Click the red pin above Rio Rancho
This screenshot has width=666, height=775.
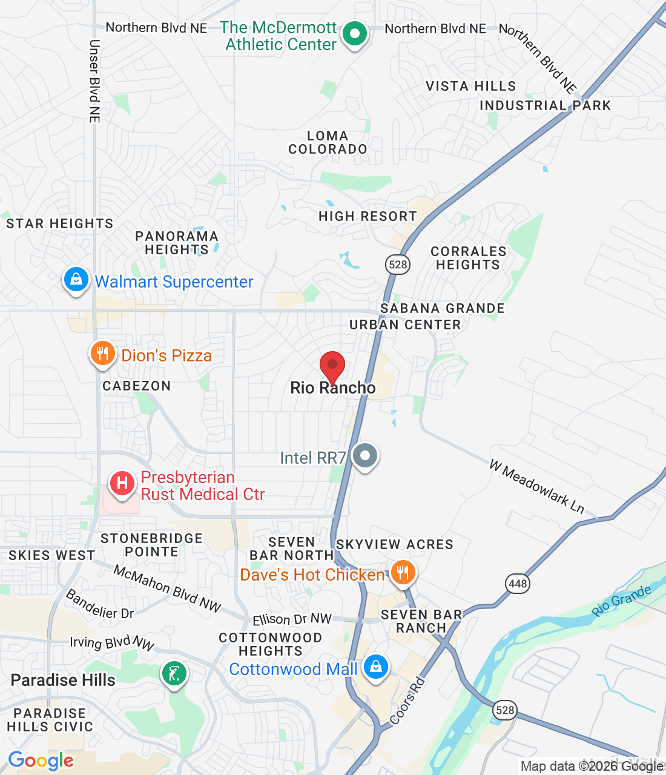point(332,366)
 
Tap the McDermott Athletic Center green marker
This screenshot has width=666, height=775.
point(355,34)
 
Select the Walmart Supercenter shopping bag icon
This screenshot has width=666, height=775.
point(76,280)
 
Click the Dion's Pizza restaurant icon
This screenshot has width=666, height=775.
point(102,354)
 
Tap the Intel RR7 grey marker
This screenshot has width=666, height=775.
point(364,455)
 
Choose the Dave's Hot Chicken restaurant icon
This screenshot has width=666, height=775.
point(403,572)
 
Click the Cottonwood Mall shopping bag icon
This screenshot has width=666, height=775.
point(376,667)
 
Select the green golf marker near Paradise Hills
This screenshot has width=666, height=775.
point(174,673)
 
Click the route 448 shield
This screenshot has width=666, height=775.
point(518,584)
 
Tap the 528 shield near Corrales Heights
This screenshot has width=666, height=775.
point(398,264)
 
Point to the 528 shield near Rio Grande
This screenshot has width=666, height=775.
point(505,710)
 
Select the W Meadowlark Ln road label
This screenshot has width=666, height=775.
point(537,487)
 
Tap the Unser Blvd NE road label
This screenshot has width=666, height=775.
point(94,82)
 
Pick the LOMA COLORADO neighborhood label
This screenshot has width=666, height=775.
point(328,142)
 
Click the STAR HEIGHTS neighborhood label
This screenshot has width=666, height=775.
point(60,223)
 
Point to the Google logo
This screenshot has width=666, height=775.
point(41,760)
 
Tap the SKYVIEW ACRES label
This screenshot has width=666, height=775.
point(395,544)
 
